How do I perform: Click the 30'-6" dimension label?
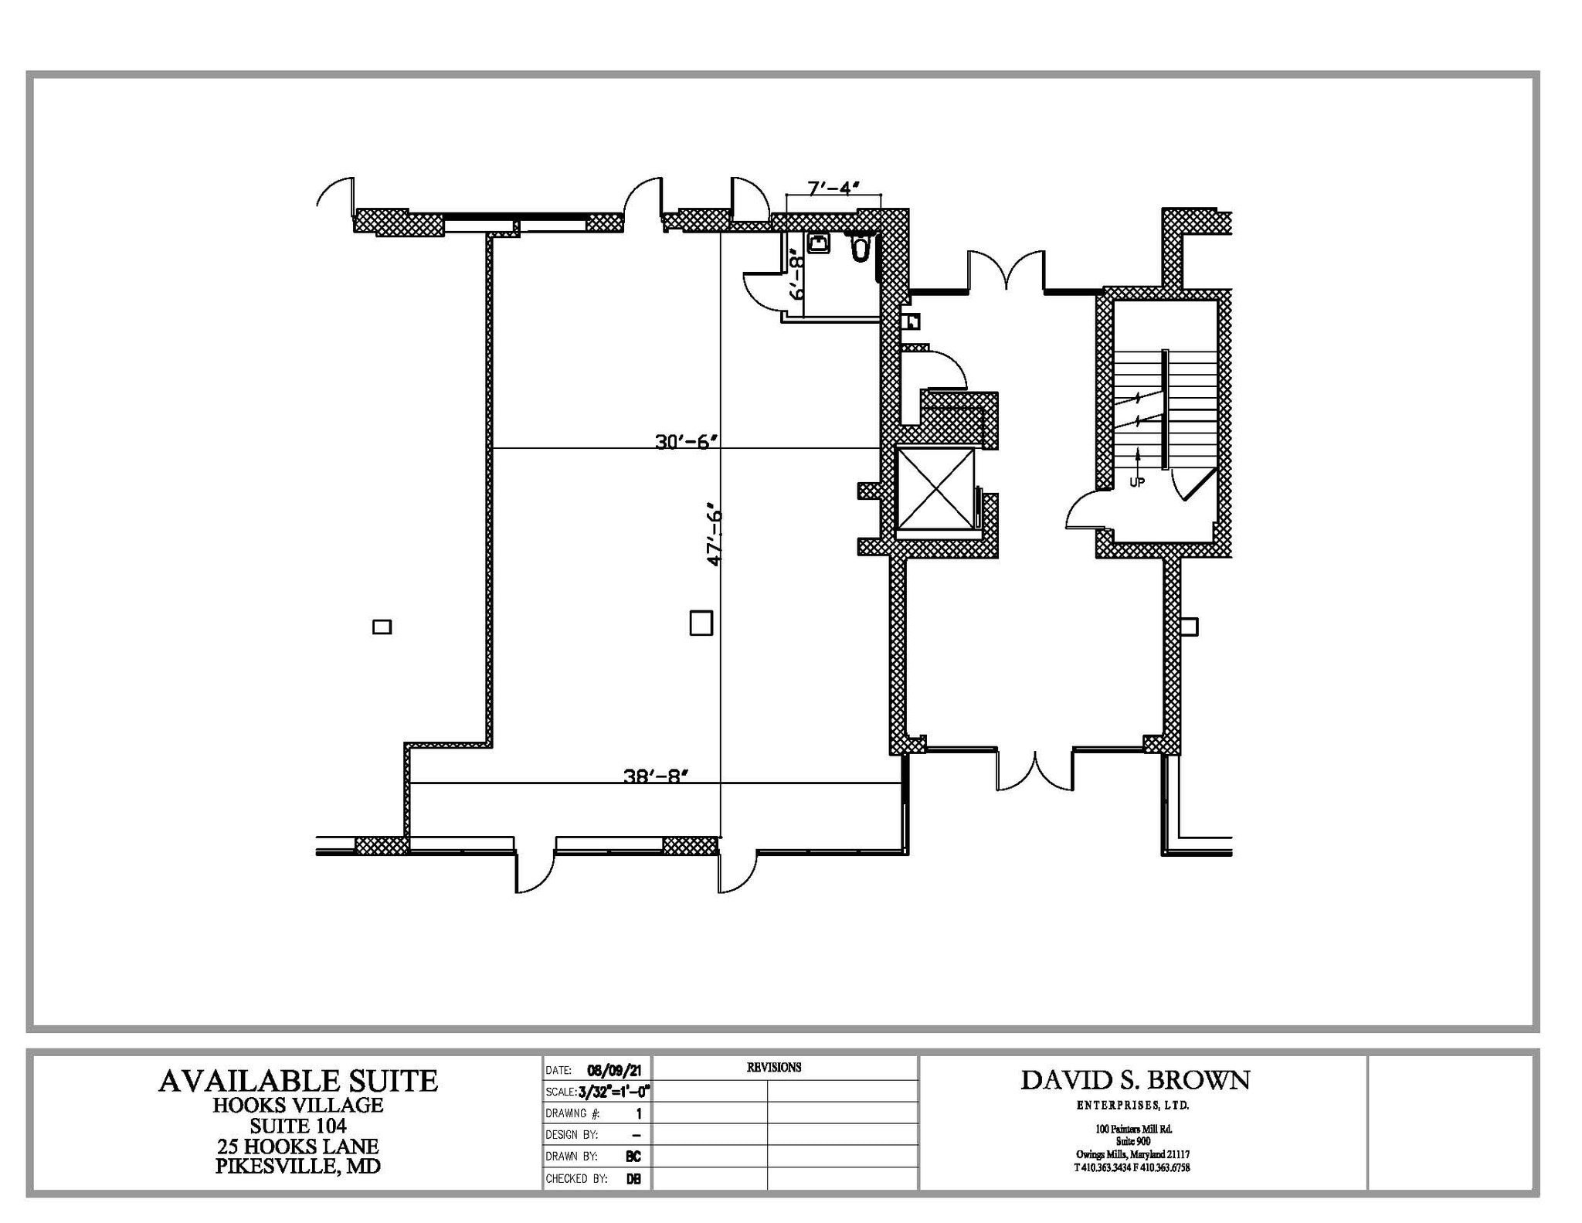click(x=687, y=442)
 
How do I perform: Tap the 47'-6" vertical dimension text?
click(x=715, y=537)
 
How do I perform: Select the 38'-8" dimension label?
click(x=655, y=776)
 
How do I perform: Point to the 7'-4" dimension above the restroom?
click(x=833, y=188)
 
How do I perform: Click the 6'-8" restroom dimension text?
click(x=796, y=277)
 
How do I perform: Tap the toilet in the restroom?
click(x=861, y=248)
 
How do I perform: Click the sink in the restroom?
click(x=818, y=244)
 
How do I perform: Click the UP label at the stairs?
click(x=1136, y=482)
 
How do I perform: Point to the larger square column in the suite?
click(x=701, y=623)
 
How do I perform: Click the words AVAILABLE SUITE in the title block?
click(x=298, y=1081)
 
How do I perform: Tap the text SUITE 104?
click(x=298, y=1126)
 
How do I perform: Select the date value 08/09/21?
click(x=618, y=1071)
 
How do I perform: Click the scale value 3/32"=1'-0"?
click(x=614, y=1092)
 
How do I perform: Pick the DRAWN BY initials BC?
click(x=633, y=1157)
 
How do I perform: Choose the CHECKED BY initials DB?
click(x=633, y=1179)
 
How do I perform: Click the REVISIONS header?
click(x=773, y=1068)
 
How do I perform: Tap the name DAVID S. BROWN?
click(x=1135, y=1080)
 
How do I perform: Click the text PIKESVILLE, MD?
click(x=298, y=1166)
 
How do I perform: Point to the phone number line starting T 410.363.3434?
click(x=1132, y=1168)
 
